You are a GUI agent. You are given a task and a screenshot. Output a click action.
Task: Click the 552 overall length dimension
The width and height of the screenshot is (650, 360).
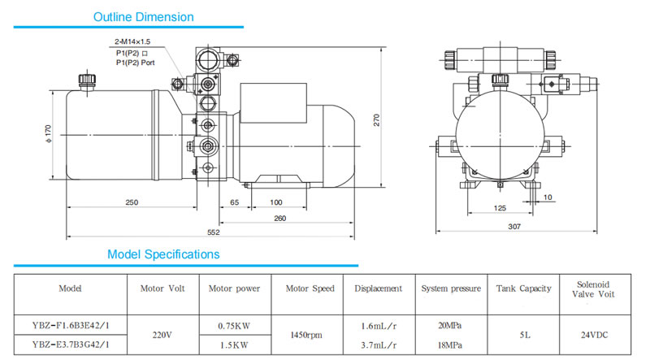pyautogui.click(x=214, y=232)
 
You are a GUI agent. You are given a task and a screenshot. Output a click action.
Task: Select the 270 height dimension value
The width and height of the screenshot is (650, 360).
pyautogui.click(x=376, y=120)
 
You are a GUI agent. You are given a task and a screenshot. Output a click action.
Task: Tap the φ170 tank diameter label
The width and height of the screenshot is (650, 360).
pyautogui.click(x=49, y=134)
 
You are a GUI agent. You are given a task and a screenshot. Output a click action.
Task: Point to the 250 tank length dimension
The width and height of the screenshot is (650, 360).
pyautogui.click(x=132, y=202)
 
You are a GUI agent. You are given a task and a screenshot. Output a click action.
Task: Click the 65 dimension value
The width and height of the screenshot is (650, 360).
pyautogui.click(x=235, y=202)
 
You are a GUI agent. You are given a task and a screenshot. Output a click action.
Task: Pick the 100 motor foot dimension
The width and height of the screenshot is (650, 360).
pyautogui.click(x=276, y=202)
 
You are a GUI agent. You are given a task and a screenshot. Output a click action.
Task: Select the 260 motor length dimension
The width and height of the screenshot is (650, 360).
pyautogui.click(x=280, y=218)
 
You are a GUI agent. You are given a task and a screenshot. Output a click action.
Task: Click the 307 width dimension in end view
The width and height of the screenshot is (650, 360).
pyautogui.click(x=514, y=227)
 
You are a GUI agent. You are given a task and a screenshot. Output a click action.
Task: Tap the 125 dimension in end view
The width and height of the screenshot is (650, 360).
pyautogui.click(x=500, y=208)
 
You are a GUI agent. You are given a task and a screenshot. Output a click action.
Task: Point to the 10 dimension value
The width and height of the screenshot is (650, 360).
pyautogui.click(x=548, y=197)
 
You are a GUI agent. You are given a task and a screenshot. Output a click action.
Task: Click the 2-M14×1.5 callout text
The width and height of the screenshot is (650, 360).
pyautogui.click(x=132, y=41)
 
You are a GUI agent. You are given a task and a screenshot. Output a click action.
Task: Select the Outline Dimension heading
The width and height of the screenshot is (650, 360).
pyautogui.click(x=144, y=17)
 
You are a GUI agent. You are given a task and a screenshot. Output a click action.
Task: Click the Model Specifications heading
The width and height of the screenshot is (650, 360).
pyautogui.click(x=163, y=254)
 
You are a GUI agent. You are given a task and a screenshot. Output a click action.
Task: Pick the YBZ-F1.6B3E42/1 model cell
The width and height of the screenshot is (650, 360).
pyautogui.click(x=71, y=326)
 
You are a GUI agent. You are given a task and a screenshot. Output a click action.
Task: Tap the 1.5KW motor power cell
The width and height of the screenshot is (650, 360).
pyautogui.click(x=234, y=345)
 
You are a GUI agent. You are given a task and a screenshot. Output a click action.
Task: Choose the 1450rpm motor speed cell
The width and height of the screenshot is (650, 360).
pyautogui.click(x=306, y=335)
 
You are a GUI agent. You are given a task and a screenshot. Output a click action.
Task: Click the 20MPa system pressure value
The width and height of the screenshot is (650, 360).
pyautogui.click(x=450, y=326)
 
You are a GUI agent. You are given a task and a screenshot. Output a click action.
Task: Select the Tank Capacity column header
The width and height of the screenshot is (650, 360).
pyautogui.click(x=523, y=288)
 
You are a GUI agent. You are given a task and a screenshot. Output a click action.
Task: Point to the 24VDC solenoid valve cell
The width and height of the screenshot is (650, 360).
pyautogui.click(x=595, y=335)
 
